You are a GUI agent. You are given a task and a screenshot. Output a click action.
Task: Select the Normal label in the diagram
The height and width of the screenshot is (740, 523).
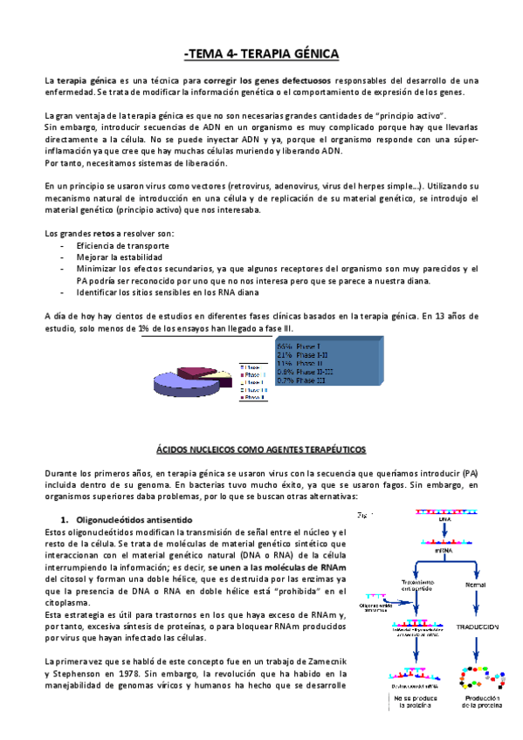click(476, 585)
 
